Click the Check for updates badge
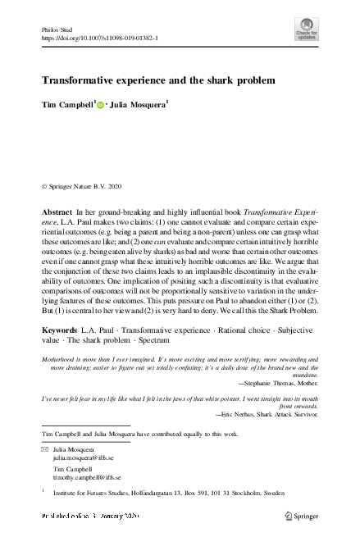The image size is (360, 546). pos(307,31)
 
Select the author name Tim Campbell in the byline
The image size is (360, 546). pos(67,105)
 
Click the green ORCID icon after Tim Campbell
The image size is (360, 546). pos(102,105)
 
